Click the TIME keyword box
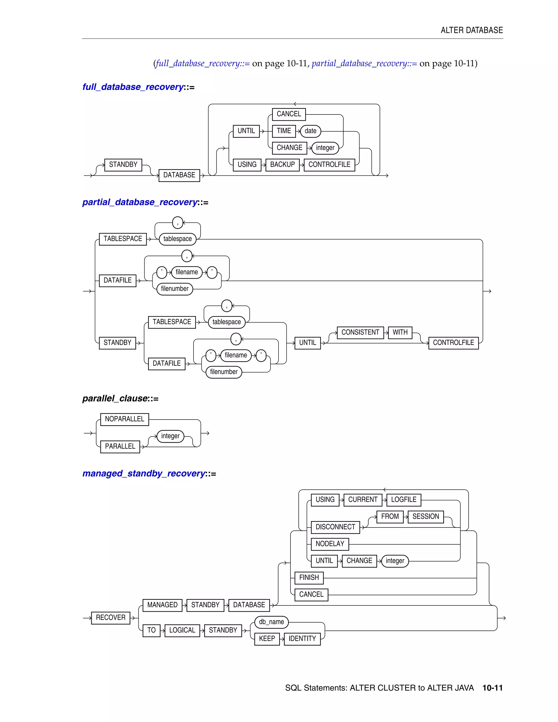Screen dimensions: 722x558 [x=284, y=131]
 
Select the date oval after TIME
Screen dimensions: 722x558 [x=310, y=131]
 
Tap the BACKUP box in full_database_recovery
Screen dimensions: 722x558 [x=282, y=165]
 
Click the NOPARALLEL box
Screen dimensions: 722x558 [x=124, y=419]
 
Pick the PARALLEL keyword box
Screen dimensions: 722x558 [x=120, y=446]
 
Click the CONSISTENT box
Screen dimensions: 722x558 [x=360, y=332]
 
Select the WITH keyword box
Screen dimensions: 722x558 [x=400, y=332]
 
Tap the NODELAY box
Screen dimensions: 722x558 [x=330, y=544]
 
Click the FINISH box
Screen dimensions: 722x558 [x=309, y=578]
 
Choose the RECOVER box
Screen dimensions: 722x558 [x=110, y=618]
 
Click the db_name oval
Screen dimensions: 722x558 [x=271, y=622]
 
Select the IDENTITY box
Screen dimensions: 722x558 [x=302, y=639]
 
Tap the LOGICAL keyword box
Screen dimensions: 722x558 [x=182, y=630]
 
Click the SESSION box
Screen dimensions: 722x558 [x=425, y=516]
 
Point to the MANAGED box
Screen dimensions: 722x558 [x=162, y=605]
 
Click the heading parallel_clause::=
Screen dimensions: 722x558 [x=120, y=398]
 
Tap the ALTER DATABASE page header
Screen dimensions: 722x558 [x=472, y=31]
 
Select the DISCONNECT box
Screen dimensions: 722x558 [x=335, y=527]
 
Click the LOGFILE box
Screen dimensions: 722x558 [x=404, y=499]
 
